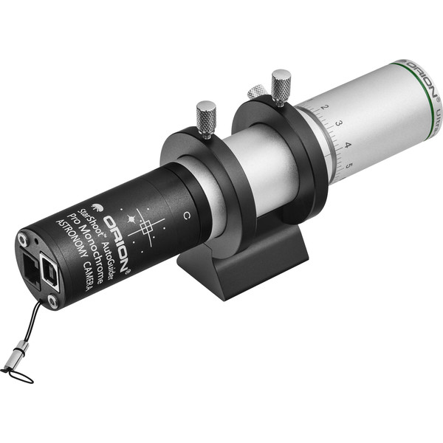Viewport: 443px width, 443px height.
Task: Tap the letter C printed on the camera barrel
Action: pos(187,216)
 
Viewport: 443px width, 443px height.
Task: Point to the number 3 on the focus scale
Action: pos(337,124)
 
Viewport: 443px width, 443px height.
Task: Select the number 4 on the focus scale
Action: pos(348,144)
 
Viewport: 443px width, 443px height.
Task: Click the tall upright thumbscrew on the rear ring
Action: pos(281,85)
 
